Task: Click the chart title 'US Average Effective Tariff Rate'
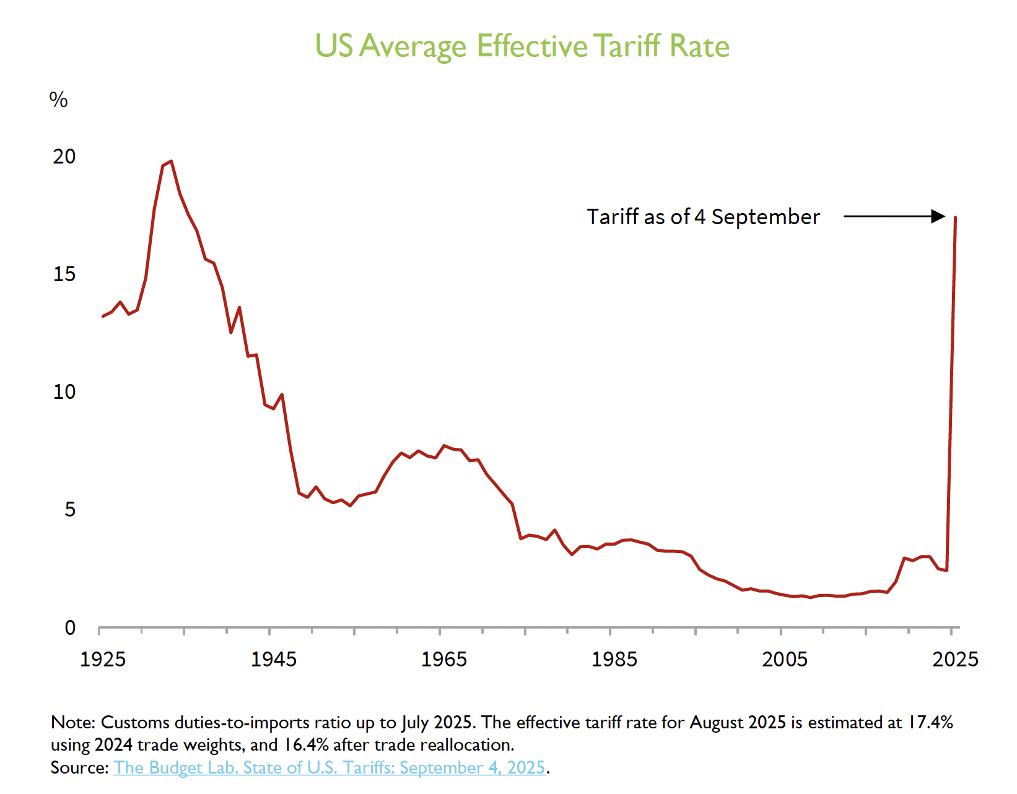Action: point(522,46)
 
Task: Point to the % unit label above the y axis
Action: point(58,100)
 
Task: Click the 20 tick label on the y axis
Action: point(64,157)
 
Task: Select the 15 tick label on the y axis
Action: point(64,274)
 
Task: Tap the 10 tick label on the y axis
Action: point(64,392)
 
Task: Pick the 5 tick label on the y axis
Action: point(69,510)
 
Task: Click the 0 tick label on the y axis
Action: point(69,628)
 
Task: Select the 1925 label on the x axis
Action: point(103,660)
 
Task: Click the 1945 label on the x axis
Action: point(273,660)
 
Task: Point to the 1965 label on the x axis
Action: point(443,660)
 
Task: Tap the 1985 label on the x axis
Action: point(614,660)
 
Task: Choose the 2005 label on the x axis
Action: point(784,660)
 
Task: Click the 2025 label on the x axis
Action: point(955,660)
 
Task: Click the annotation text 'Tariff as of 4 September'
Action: point(703,217)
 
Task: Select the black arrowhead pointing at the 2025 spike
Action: point(938,216)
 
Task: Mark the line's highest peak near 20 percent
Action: point(171,161)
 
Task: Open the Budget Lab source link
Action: point(329,768)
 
